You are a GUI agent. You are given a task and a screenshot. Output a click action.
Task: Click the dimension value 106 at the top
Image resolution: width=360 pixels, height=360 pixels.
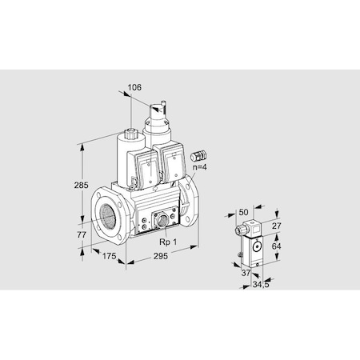pyautogui.click(x=136, y=87)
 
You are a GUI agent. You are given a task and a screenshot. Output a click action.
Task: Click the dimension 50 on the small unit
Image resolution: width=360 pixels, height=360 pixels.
pyautogui.click(x=244, y=213)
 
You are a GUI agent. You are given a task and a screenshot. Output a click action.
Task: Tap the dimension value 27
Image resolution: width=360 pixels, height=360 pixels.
pyautogui.click(x=275, y=226)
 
